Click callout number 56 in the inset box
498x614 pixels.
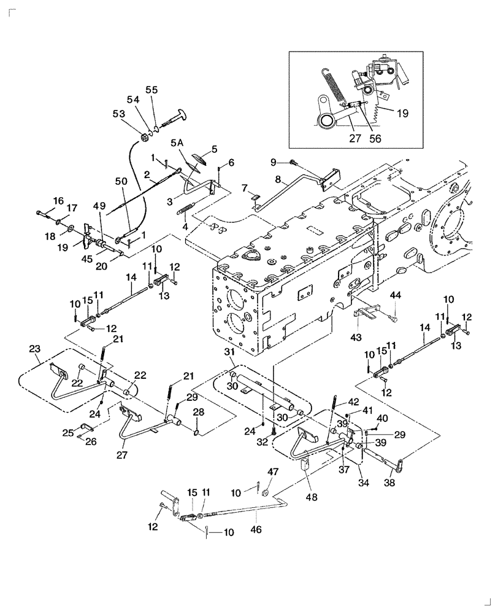(x=375, y=139)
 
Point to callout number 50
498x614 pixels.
(x=121, y=182)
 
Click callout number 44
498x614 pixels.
(x=395, y=295)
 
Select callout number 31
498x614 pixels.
(x=230, y=352)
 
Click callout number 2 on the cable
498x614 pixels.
(x=147, y=174)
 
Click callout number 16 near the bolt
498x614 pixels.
(x=58, y=201)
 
